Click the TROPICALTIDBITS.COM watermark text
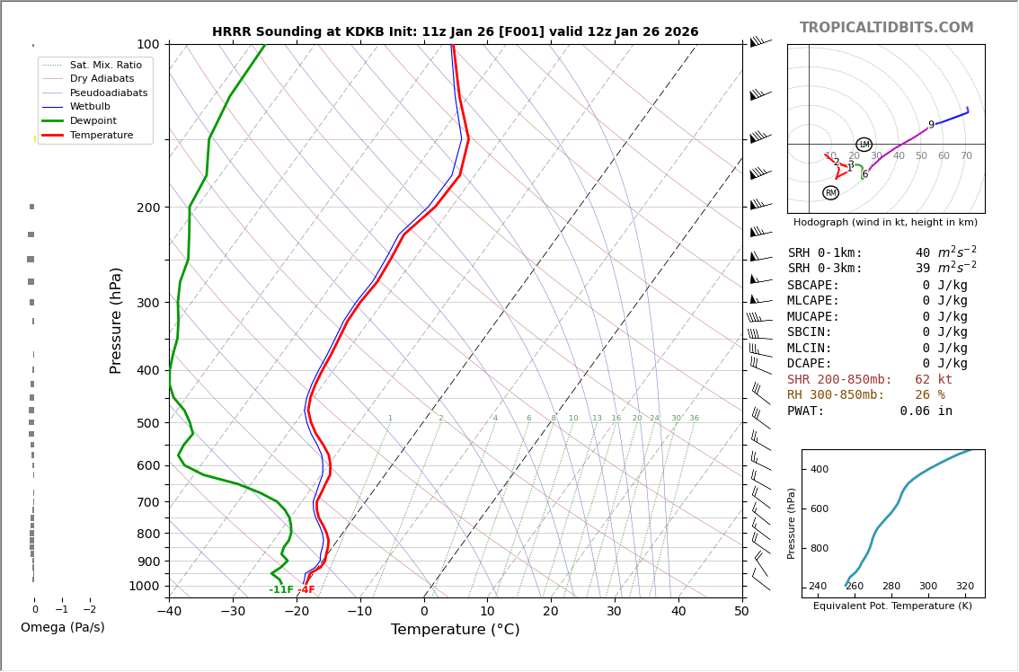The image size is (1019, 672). pyautogui.click(x=886, y=28)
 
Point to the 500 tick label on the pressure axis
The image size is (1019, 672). pyautogui.click(x=147, y=423)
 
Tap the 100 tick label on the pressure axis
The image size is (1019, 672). pyautogui.click(x=147, y=44)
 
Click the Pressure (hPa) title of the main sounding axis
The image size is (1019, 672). pyautogui.click(x=116, y=320)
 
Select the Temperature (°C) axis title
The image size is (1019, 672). pyautogui.click(x=455, y=630)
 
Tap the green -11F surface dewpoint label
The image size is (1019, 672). pyautogui.click(x=281, y=590)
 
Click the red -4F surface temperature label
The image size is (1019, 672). pyautogui.click(x=306, y=590)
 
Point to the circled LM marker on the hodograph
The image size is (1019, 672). pyautogui.click(x=864, y=145)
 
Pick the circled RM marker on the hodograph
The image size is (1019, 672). pyautogui.click(x=830, y=193)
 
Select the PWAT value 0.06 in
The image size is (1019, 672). pyautogui.click(x=926, y=411)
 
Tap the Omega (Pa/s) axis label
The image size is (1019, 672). pyautogui.click(x=62, y=628)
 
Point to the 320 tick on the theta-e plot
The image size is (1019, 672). pyautogui.click(x=964, y=587)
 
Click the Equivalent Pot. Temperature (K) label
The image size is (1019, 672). pyautogui.click(x=892, y=606)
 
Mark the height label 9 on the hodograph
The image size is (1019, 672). pyautogui.click(x=931, y=126)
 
